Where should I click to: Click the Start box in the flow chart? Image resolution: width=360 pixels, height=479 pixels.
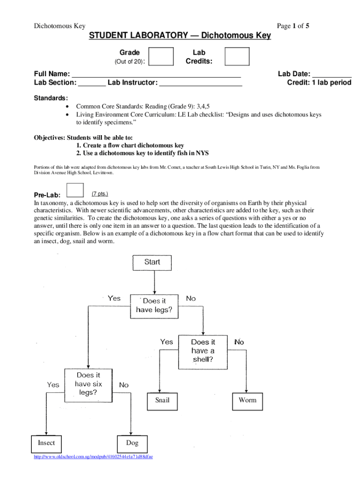152,262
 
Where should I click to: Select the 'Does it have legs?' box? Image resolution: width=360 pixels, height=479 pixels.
154,305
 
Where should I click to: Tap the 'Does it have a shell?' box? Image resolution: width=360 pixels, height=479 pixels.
203,351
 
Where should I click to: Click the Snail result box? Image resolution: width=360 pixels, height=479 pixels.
162,400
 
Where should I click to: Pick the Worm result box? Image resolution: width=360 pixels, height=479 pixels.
247,400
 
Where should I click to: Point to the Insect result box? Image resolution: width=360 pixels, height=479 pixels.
46,443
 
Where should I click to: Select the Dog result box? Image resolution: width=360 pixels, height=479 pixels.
132,443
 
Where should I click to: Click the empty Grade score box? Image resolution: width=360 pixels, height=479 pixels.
161,57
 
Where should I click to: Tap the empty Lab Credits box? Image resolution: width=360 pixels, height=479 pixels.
237,57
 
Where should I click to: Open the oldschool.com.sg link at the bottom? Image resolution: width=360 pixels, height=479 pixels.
94,457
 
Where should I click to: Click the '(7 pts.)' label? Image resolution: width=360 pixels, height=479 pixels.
100,193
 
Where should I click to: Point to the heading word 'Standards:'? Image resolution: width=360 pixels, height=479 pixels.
50,98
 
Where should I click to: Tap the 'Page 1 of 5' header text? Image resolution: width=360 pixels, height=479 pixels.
293,26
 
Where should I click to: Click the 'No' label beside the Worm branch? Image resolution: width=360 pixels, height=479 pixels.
239,342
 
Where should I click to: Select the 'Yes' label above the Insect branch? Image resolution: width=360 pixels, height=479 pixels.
53,385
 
